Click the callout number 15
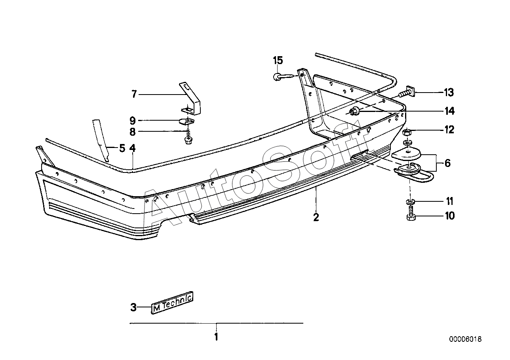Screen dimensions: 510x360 coord(278,61)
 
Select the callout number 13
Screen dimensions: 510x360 coord(449,93)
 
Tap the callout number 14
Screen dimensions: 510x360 coord(449,111)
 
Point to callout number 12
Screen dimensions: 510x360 coord(449,130)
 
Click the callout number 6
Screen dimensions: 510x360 coord(447,163)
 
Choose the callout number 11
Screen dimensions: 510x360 coord(449,201)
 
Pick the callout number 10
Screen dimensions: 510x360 coord(450,216)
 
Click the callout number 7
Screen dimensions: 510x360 coord(134,94)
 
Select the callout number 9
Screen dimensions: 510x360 coord(133,121)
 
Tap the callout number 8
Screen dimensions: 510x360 coord(133,132)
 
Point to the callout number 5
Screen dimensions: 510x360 coord(122,148)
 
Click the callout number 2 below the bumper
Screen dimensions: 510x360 coord(316,217)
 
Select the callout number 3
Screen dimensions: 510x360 coord(133,307)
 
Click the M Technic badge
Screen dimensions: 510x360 coord(172,303)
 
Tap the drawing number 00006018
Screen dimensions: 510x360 coord(466,339)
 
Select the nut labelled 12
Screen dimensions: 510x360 coord(407,131)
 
